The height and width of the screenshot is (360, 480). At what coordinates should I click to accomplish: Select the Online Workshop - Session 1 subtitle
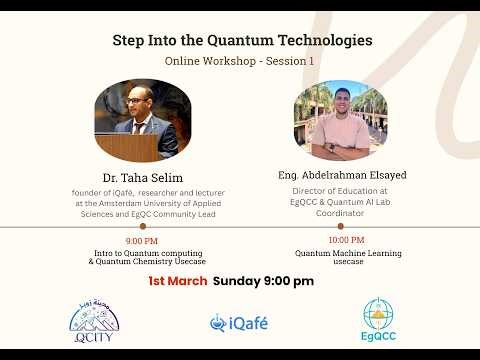click(239, 61)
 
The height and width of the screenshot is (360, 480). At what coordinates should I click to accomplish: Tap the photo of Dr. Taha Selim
click(142, 121)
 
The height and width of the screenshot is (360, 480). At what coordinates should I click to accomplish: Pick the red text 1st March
click(177, 281)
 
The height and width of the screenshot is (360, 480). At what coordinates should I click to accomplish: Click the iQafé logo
click(239, 323)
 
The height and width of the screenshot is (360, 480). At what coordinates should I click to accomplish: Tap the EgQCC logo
click(378, 320)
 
